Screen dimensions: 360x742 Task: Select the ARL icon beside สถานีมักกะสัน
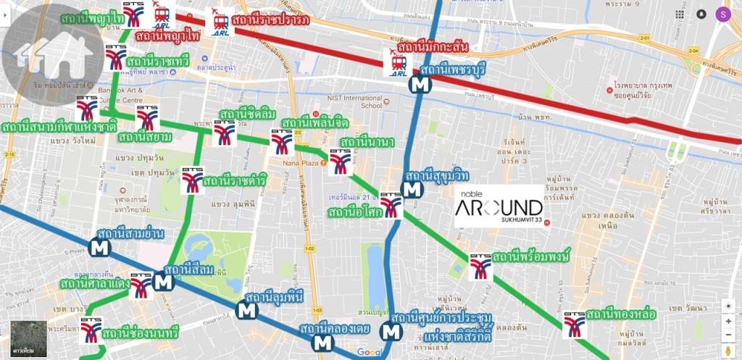point(396,63)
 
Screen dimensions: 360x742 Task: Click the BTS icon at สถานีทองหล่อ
point(575,325)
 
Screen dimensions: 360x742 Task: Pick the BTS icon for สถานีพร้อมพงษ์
point(480,267)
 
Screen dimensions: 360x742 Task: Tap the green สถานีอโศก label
point(353,212)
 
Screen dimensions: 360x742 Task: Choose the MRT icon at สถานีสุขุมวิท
point(413,190)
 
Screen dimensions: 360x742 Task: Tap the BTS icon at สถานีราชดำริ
point(192,180)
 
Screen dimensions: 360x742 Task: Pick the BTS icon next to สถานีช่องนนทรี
point(91,329)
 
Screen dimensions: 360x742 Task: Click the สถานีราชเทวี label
point(157,62)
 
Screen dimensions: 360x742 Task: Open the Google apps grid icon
point(679,14)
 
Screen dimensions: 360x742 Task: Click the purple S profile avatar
point(722,14)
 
